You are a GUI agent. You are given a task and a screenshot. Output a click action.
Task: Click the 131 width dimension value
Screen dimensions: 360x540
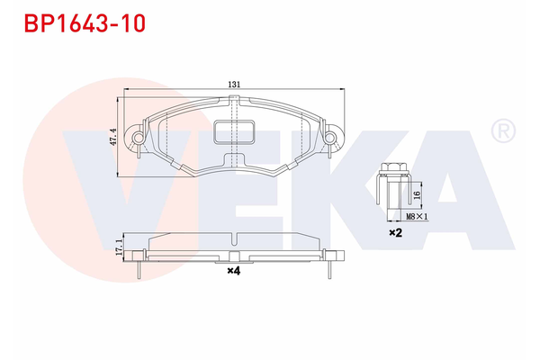(x=234, y=84)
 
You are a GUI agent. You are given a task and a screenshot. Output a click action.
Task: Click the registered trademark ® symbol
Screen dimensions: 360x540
(x=501, y=133)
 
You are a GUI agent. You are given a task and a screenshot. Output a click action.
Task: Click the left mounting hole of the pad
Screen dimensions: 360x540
(x=138, y=137)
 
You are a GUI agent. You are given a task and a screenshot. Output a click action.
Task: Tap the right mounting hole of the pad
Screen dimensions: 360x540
(x=330, y=137)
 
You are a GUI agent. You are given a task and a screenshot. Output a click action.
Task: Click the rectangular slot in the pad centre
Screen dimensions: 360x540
(x=234, y=133)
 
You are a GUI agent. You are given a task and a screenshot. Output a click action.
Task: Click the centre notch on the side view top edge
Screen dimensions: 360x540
(x=234, y=239)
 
